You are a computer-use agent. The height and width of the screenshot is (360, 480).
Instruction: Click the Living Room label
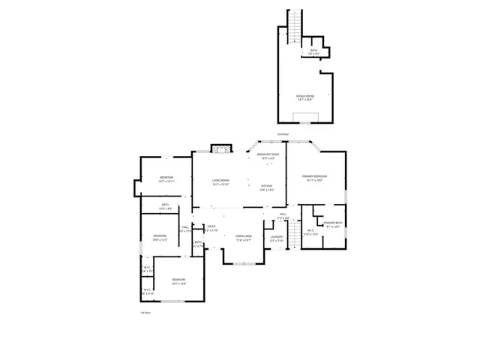click(x=220, y=180)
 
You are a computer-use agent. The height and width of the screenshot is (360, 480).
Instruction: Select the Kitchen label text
click(x=266, y=186)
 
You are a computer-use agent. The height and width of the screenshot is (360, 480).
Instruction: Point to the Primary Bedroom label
click(x=313, y=176)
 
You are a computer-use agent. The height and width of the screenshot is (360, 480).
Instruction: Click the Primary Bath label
click(x=333, y=223)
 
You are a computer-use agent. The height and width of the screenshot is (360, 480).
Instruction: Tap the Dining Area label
click(x=243, y=236)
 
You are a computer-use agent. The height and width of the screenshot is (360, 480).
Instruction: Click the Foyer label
click(x=211, y=226)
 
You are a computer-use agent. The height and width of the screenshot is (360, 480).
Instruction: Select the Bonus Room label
click(x=305, y=96)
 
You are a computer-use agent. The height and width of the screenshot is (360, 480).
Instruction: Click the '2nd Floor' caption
click(x=282, y=133)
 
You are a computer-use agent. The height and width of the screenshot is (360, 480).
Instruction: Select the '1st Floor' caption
click(x=145, y=312)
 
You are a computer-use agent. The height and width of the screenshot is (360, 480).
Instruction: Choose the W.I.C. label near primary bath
click(x=310, y=231)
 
